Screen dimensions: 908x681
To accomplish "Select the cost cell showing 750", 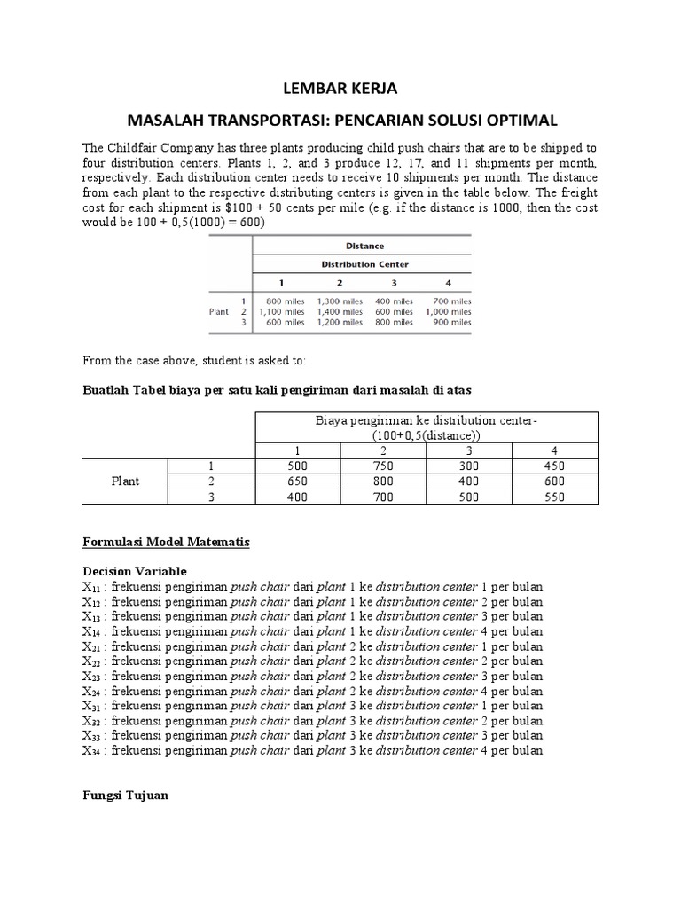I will [x=383, y=466].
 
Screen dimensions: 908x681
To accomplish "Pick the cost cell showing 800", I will [x=383, y=481].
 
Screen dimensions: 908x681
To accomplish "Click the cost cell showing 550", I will [x=555, y=497].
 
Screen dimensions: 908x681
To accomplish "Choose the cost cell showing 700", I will [x=383, y=497].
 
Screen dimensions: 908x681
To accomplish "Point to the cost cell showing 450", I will [x=555, y=466].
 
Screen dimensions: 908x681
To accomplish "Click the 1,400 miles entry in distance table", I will [x=340, y=312].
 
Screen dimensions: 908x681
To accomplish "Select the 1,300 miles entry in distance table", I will [x=340, y=301].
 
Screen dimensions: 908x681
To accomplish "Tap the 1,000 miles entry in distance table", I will [x=448, y=312].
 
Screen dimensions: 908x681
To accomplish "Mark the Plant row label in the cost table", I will [x=125, y=481].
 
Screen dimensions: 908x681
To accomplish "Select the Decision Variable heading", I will [x=135, y=571].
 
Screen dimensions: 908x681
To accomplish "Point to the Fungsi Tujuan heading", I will [x=125, y=795].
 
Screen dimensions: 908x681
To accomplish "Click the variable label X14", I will [x=91, y=632].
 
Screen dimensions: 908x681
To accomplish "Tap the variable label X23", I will [x=91, y=677].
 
